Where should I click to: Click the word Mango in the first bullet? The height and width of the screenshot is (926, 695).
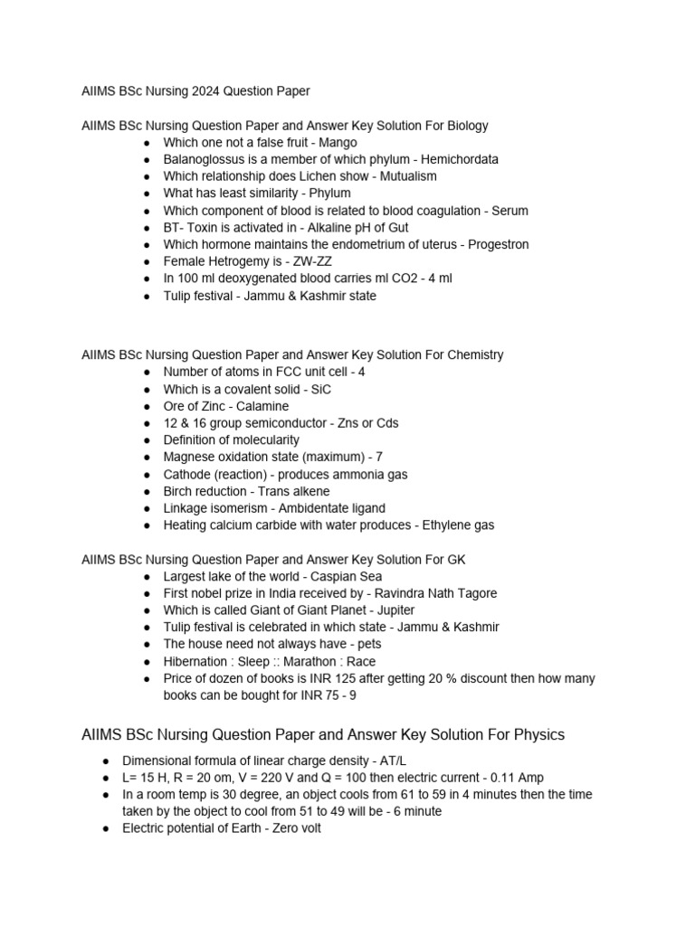point(338,142)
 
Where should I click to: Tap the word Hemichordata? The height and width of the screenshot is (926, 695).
point(456,159)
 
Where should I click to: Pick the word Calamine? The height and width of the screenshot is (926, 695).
point(262,406)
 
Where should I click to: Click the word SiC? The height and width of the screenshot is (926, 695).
point(320,389)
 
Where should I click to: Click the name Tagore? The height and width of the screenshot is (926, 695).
point(476,593)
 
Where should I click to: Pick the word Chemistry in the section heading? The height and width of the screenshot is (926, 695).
point(471,354)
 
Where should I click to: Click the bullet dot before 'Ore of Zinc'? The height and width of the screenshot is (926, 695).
point(148,406)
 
